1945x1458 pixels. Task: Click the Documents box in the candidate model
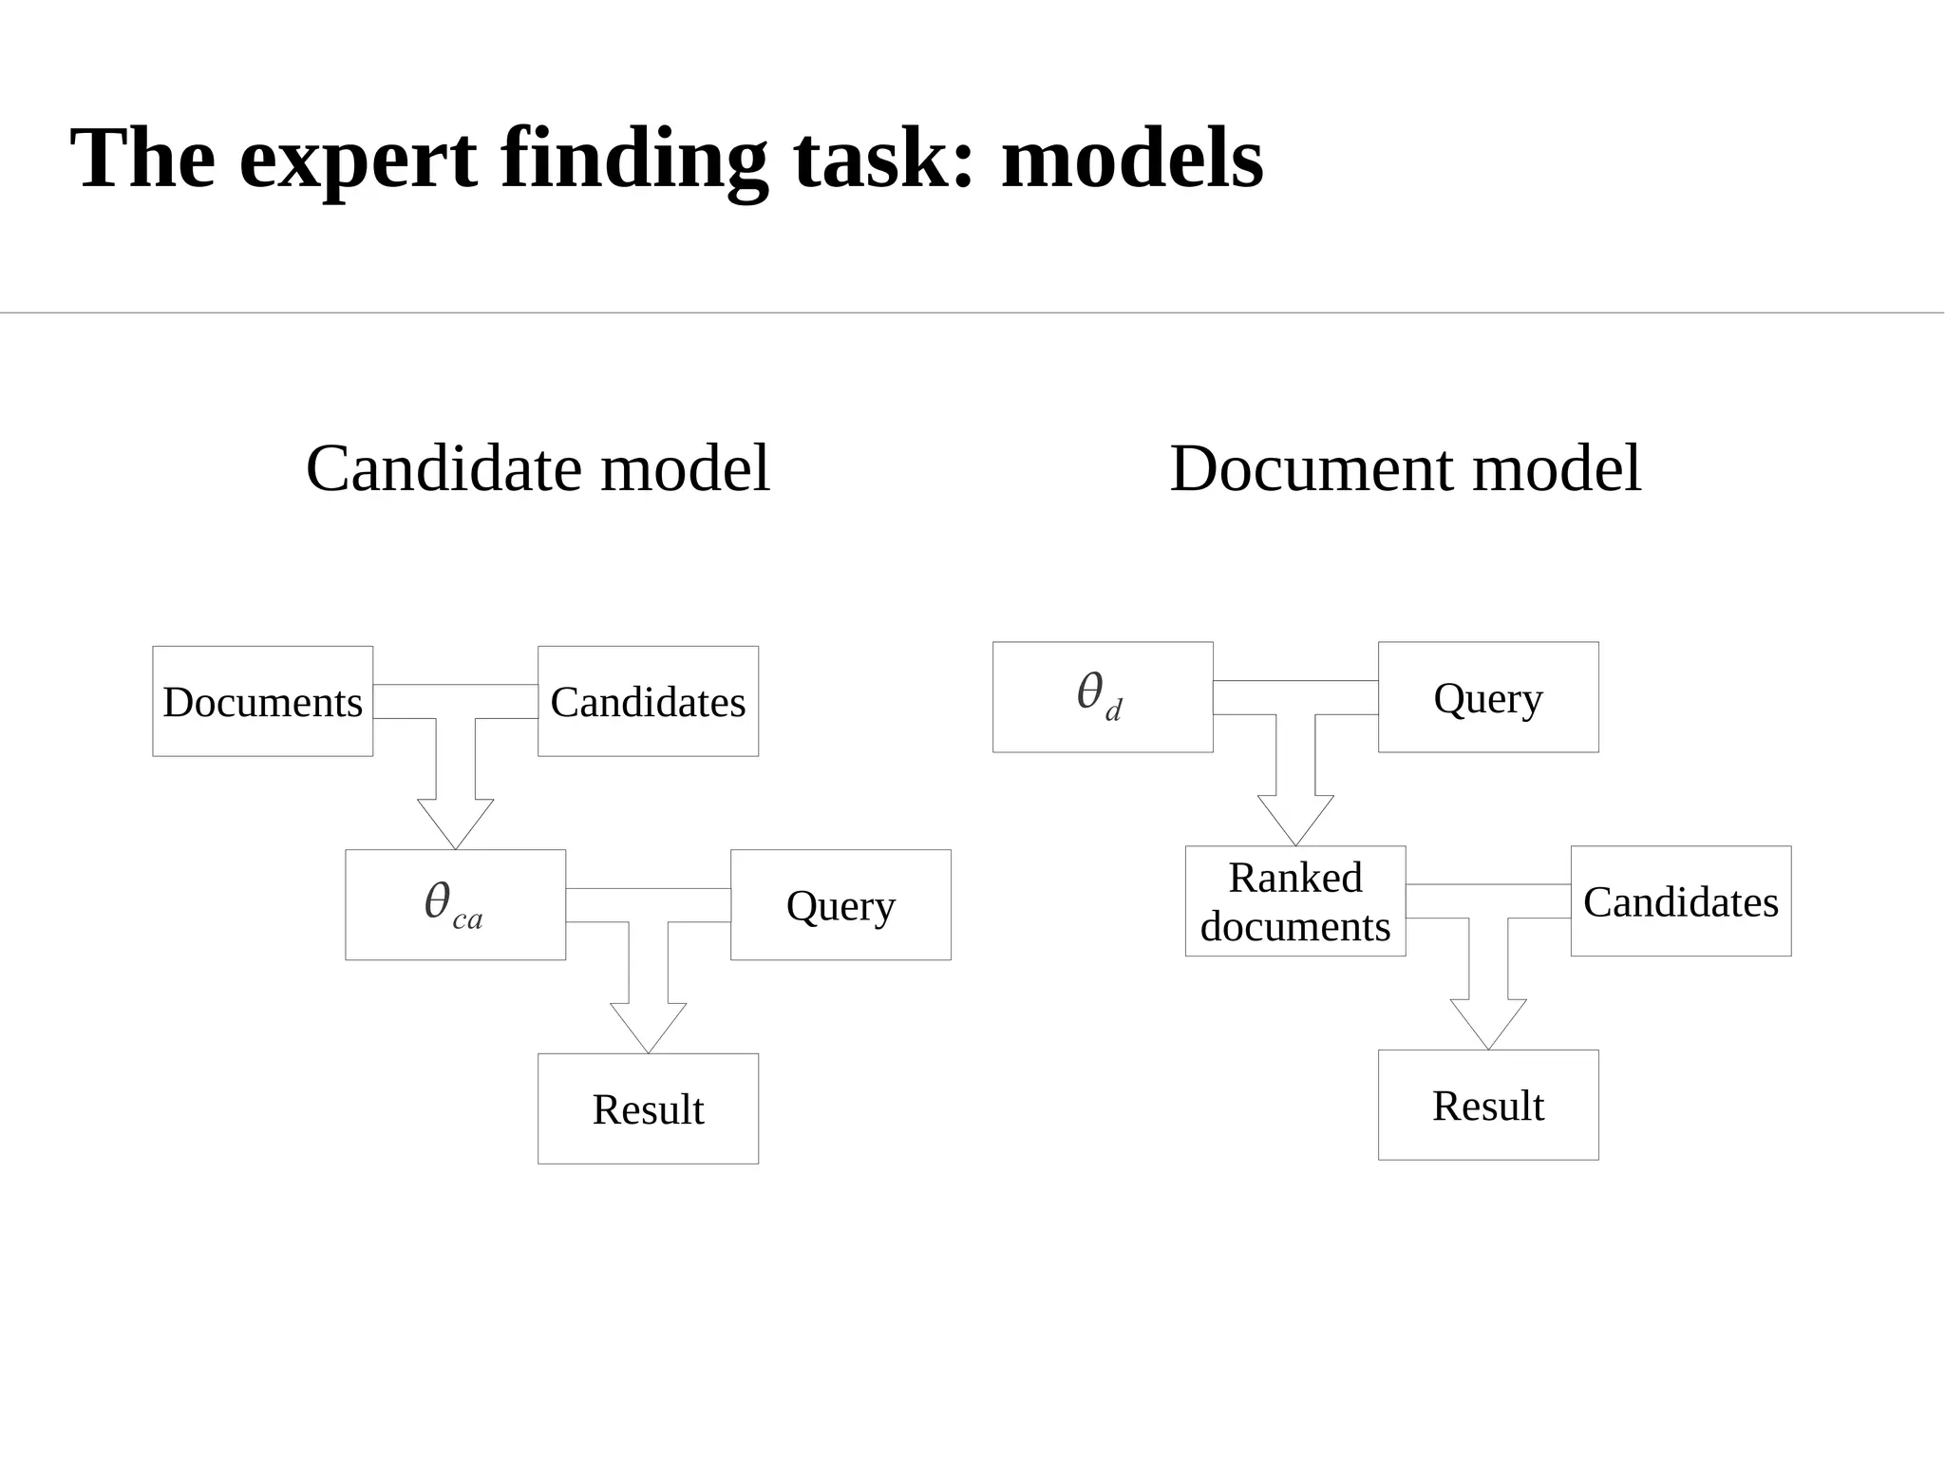tap(263, 701)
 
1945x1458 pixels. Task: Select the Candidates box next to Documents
tap(648, 701)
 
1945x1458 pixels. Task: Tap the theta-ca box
tap(455, 904)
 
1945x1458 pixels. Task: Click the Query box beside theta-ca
tap(840, 904)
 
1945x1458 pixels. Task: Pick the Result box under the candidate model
tap(648, 1108)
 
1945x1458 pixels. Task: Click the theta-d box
tap(1103, 697)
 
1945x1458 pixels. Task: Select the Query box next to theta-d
tap(1488, 697)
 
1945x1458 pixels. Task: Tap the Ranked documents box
tap(1295, 900)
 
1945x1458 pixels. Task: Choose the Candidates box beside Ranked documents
tap(1681, 900)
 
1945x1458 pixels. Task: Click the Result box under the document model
tap(1488, 1105)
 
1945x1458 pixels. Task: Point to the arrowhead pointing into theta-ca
tap(455, 823)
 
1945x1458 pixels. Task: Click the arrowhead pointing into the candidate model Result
tap(648, 1027)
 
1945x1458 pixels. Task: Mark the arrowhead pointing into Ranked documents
tap(1295, 819)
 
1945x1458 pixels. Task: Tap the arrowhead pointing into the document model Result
tap(1488, 1023)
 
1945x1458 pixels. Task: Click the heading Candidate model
tap(538, 468)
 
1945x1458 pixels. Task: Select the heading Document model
tap(1406, 468)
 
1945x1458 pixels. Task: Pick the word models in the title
tap(1132, 158)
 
